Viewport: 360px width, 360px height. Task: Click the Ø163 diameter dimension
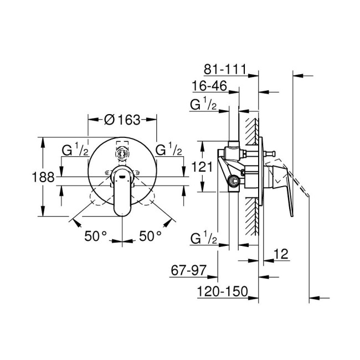(x=122, y=119)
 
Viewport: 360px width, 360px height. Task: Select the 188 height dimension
(x=44, y=177)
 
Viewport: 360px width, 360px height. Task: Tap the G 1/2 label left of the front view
(x=74, y=150)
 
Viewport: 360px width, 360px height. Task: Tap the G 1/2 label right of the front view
(x=169, y=150)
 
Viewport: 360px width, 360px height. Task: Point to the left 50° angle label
(x=95, y=236)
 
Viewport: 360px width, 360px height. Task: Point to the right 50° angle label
(x=150, y=236)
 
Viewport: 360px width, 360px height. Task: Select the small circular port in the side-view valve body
(x=235, y=180)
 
